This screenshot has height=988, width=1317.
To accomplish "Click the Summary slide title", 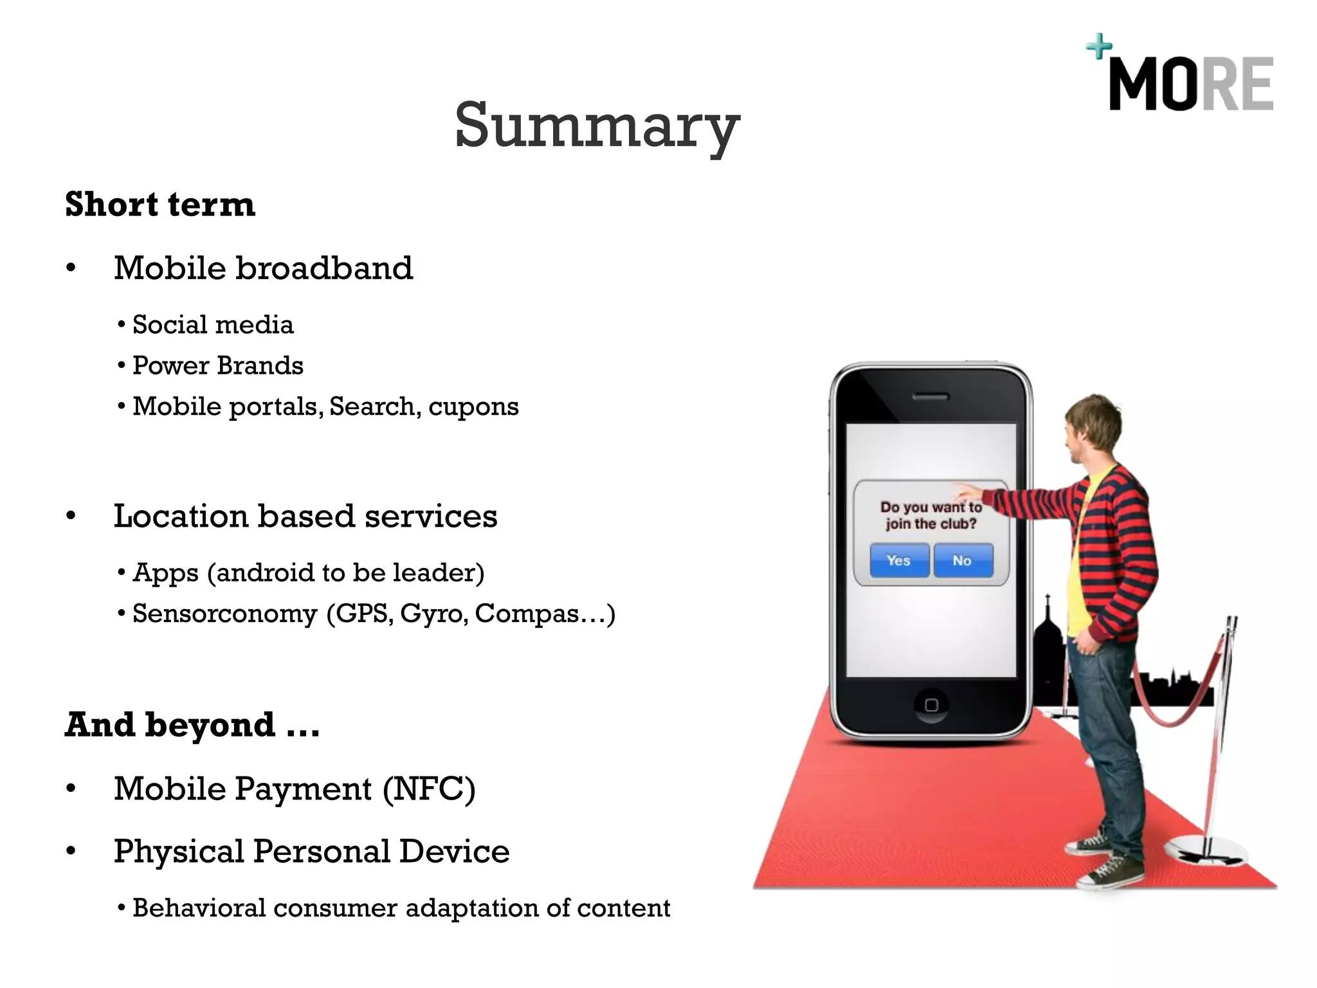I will (597, 125).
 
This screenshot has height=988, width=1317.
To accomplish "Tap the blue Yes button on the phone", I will (898, 560).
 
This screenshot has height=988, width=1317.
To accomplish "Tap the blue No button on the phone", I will (962, 560).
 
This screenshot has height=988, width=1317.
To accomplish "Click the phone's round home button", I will (931, 704).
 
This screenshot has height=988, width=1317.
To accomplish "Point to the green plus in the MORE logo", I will (1099, 47).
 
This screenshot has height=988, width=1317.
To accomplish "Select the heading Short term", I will (160, 205).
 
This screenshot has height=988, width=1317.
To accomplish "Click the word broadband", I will (324, 268).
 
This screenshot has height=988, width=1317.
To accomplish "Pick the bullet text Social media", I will (213, 325).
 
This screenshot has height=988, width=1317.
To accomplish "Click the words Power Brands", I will (217, 365).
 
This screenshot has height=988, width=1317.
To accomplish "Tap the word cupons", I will (473, 407).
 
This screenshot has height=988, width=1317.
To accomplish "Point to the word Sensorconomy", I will (224, 614).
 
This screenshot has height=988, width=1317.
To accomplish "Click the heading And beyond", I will (192, 725).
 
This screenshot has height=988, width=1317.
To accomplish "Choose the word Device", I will (454, 852).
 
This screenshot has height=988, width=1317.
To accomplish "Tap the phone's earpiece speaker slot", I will (931, 397).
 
